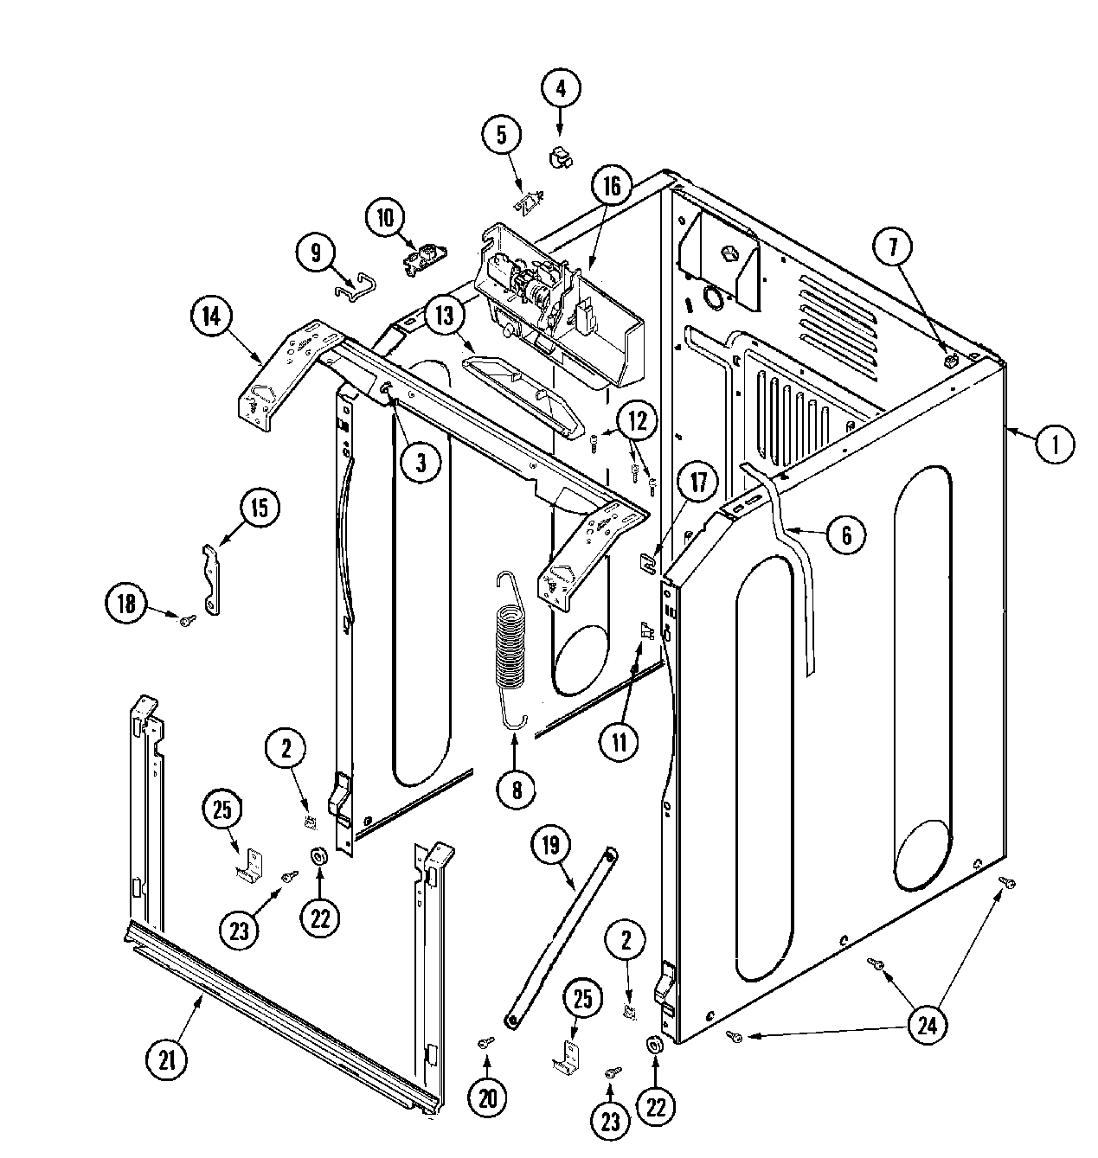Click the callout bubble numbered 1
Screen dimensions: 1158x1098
[x=1053, y=445]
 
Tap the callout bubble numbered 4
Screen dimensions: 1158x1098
[x=561, y=87]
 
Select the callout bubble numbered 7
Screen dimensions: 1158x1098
[x=893, y=247]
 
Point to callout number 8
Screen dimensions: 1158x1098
[x=517, y=788]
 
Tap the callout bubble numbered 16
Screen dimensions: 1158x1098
[x=612, y=187]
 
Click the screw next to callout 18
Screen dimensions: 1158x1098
[x=186, y=618]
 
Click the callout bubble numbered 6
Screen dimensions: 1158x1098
[x=845, y=535]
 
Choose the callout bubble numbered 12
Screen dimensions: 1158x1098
[x=637, y=421]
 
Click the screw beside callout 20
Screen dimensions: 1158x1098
[x=487, y=1044]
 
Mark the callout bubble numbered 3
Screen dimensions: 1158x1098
[x=420, y=463]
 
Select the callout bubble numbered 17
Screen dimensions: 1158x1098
[x=698, y=484]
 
